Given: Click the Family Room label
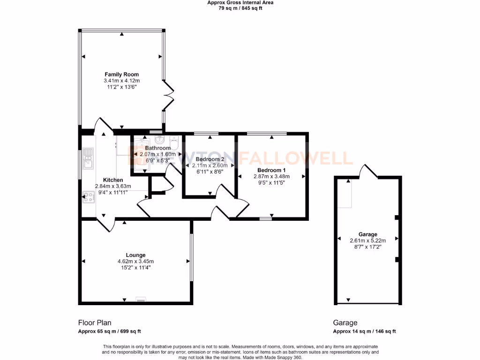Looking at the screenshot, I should click(121, 75).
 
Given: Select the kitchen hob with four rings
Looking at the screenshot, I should click(88, 197).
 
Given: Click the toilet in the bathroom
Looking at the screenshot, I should click(174, 141).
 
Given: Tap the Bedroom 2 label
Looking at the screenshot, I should click(210, 159).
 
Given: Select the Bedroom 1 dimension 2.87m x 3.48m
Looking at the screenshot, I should click(271, 176).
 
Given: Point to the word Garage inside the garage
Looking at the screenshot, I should click(367, 234).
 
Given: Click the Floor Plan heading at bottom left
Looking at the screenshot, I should click(94, 322).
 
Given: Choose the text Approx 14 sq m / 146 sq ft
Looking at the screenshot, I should click(364, 331).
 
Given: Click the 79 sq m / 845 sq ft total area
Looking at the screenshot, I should click(240, 8).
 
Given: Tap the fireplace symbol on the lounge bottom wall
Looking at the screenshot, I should click(141, 299).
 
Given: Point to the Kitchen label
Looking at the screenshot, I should click(113, 180).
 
